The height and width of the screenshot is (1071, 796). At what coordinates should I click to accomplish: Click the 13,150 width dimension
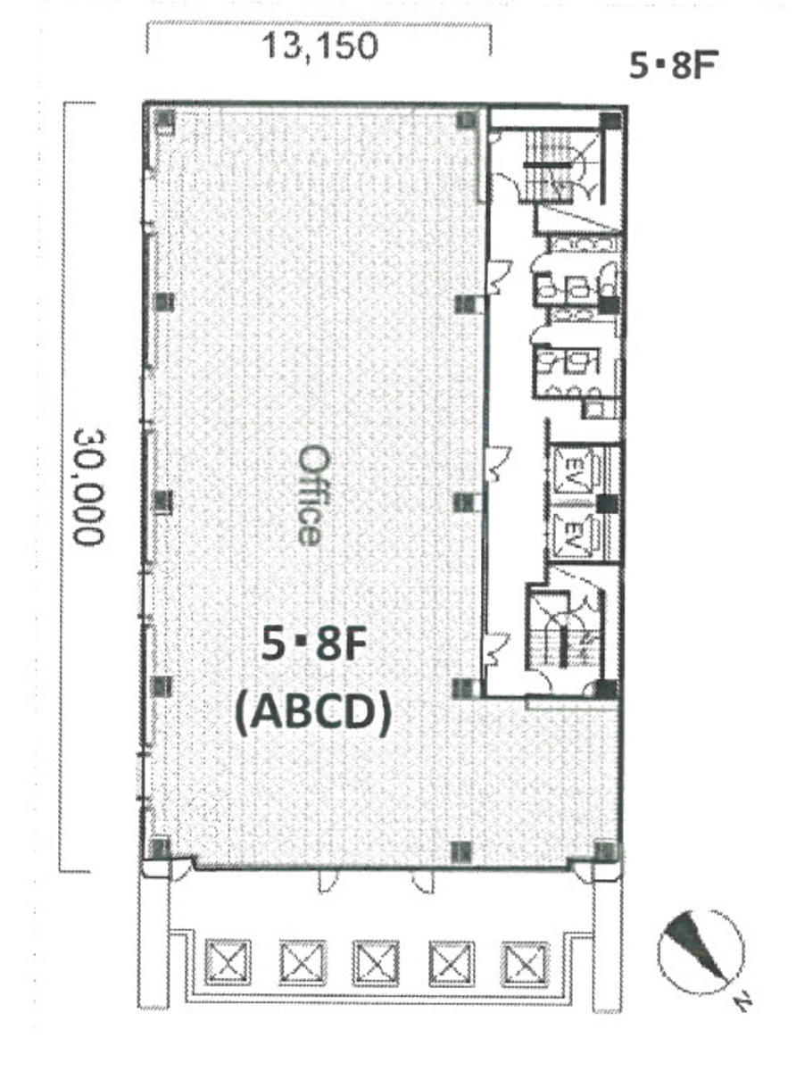point(319,46)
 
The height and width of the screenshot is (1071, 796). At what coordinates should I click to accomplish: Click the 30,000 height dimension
point(88,487)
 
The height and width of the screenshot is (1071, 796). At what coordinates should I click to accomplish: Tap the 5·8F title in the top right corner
point(672,66)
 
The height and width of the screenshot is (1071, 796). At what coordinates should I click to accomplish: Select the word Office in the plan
point(310,495)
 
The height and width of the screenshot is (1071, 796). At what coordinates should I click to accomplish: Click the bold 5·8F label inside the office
point(312,645)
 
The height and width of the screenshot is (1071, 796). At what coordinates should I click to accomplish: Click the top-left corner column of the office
point(164,119)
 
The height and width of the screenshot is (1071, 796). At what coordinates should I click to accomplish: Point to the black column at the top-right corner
point(609,121)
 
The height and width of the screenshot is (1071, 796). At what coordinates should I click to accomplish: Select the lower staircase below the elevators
point(563,633)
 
